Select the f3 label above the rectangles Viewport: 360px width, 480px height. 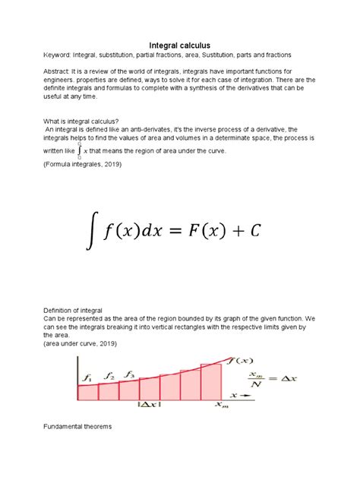[x=131, y=374]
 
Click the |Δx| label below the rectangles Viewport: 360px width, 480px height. [x=149, y=406]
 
